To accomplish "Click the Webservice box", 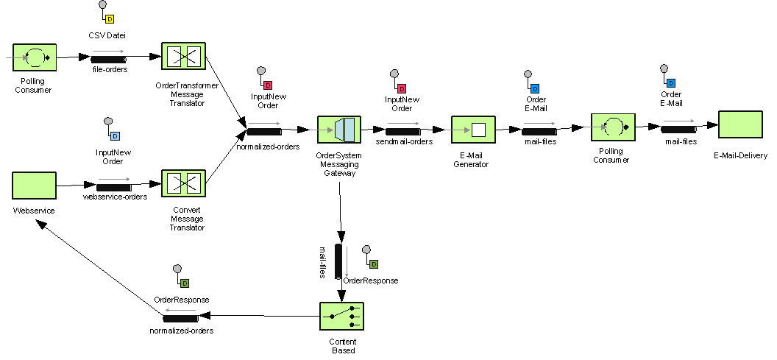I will [x=34, y=186].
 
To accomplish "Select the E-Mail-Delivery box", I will [x=739, y=124].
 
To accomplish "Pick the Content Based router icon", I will [x=342, y=317].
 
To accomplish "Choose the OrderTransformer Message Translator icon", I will [x=183, y=57].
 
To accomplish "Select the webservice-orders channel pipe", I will [x=114, y=187].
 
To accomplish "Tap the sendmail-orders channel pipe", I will [x=402, y=131].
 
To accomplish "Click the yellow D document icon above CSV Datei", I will [x=110, y=18].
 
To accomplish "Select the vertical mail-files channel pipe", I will [x=338, y=261].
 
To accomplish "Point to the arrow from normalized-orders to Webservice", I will [x=99, y=270].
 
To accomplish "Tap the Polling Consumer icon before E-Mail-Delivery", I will [x=613, y=128].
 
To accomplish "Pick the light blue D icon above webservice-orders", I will [x=115, y=135].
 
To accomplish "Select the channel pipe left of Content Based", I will [x=181, y=318].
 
